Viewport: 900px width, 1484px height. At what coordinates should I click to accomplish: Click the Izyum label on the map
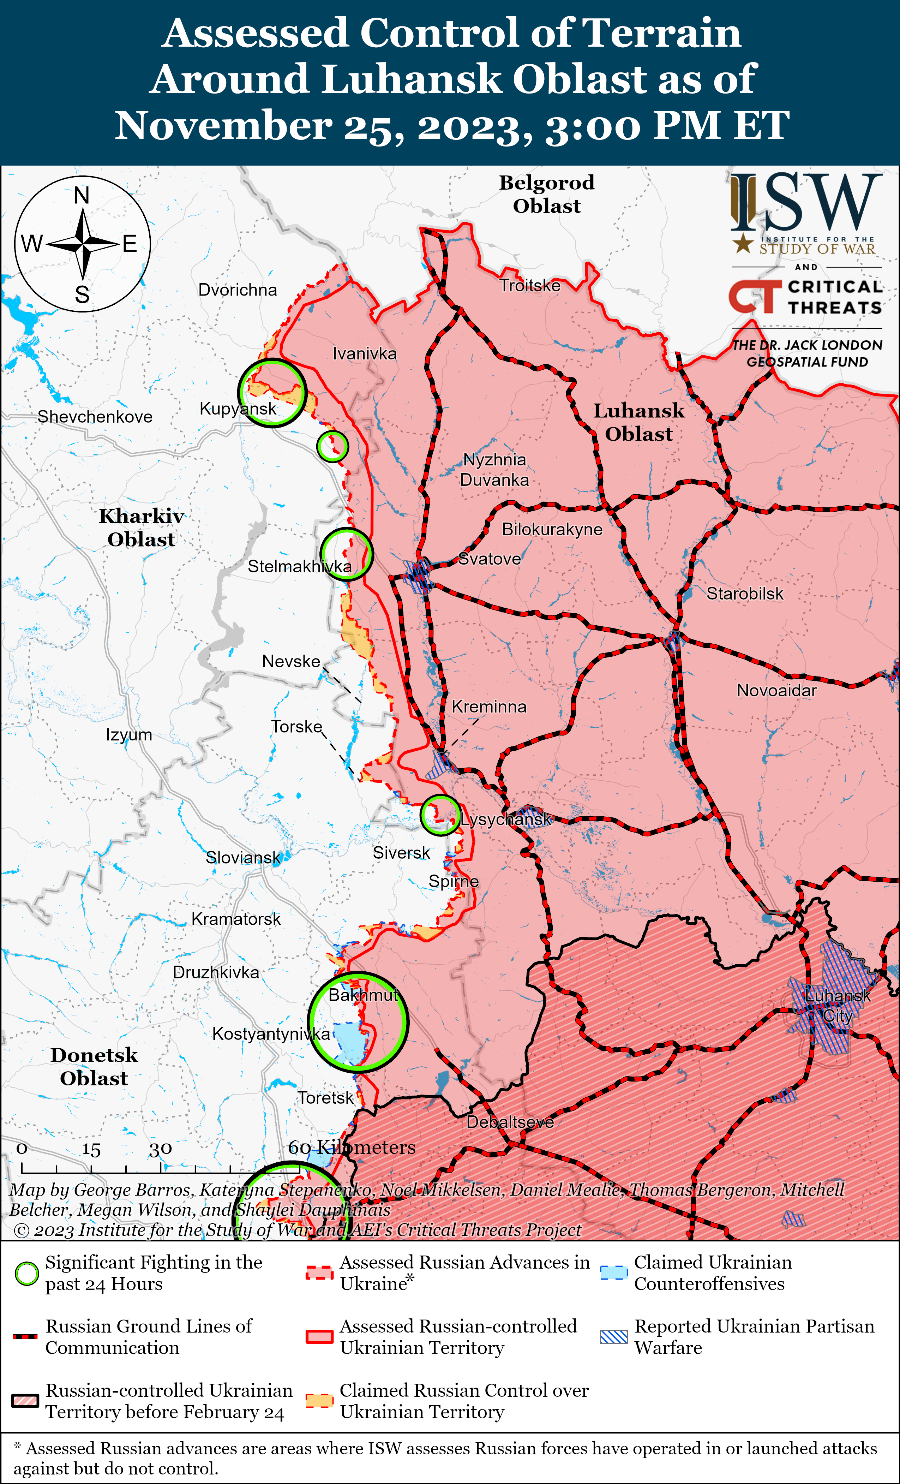click(x=129, y=735)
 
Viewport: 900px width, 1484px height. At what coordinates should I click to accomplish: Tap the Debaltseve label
click(x=510, y=1121)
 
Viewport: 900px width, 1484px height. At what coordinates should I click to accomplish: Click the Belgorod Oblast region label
click(x=547, y=194)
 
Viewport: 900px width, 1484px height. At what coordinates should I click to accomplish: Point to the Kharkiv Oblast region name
click(x=142, y=527)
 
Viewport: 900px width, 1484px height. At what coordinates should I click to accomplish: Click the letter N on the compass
click(x=82, y=195)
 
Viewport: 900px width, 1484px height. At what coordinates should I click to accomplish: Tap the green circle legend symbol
click(x=26, y=1273)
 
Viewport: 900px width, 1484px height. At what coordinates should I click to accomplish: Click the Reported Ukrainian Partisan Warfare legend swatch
click(x=614, y=1336)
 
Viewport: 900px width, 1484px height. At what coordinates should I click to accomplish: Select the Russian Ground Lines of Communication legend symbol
click(x=25, y=1336)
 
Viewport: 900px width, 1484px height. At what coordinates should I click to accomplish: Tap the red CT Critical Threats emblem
click(x=752, y=296)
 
